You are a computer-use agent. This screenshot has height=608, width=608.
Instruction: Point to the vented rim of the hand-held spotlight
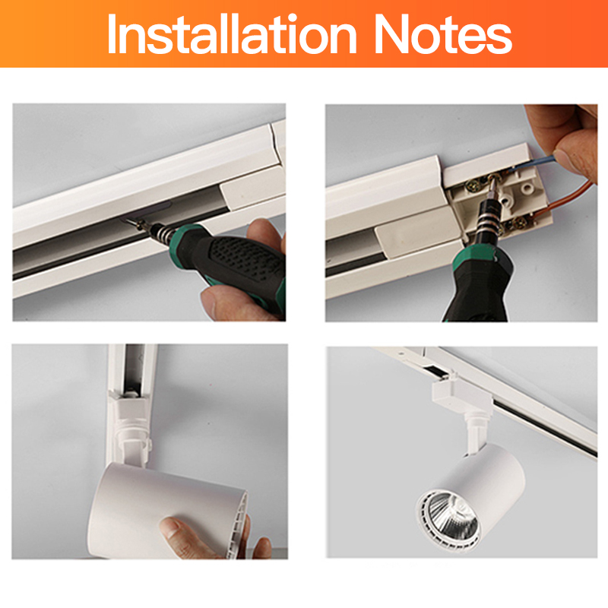point(239,524)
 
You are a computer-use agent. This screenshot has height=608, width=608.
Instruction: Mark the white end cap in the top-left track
point(251,190)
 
